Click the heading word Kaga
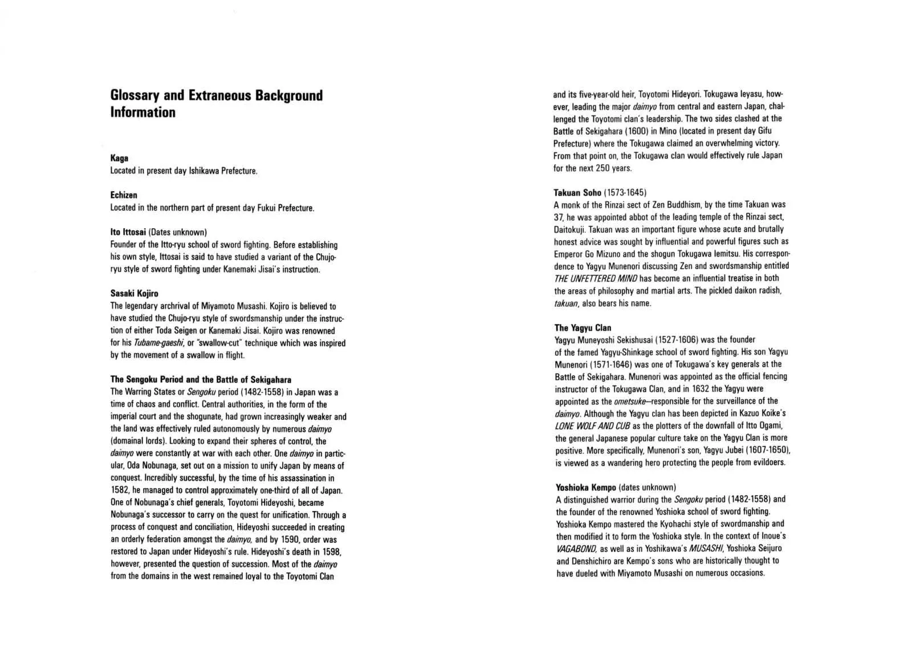[119, 158]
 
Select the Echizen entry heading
[124, 195]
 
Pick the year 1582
[119, 490]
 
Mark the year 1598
[332, 552]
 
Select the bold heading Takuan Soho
[577, 193]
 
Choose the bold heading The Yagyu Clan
[583, 327]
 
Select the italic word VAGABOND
[576, 549]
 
